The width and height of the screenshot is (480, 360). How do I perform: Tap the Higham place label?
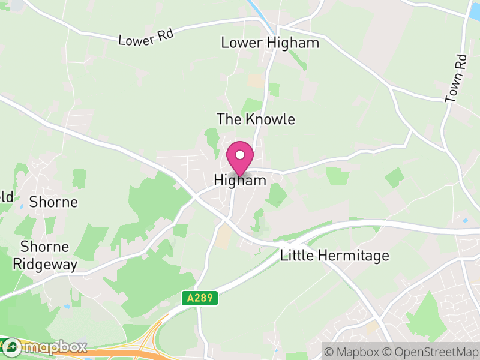tap(240, 180)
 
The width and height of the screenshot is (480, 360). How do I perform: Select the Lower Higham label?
tap(270, 43)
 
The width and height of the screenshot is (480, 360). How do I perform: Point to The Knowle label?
tap(256, 119)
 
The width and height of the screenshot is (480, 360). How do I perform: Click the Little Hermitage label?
tap(335, 256)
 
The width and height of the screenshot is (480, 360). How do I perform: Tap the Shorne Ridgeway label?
tap(45, 256)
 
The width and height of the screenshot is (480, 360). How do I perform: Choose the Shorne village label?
tap(54, 202)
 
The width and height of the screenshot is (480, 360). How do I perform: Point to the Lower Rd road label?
tap(146, 37)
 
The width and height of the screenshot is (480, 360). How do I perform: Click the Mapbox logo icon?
tap(12, 347)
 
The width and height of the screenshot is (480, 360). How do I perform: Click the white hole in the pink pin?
tap(240, 155)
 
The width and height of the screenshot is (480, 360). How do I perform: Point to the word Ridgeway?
tap(45, 264)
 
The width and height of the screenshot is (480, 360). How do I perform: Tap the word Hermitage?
tap(358, 256)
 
